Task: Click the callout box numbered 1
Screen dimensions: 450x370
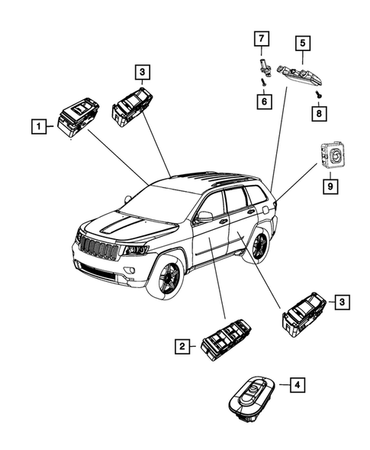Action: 36,123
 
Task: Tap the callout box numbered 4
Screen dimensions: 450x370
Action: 296,387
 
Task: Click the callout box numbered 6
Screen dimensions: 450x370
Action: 262,100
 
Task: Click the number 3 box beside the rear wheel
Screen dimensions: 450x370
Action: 343,303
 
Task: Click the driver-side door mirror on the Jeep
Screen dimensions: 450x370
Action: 204,217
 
